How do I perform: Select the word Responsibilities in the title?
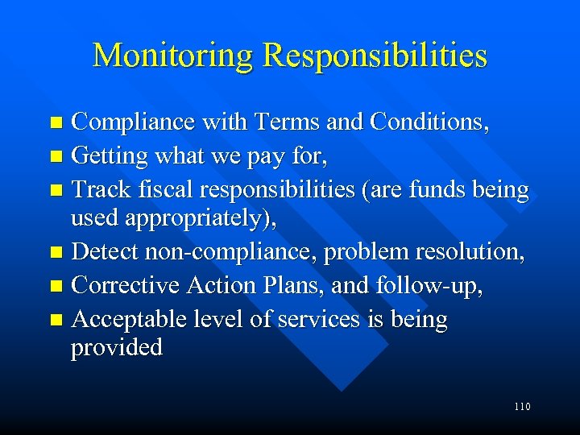click(375, 56)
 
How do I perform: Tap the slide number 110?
click(521, 407)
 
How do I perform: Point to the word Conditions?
click(428, 122)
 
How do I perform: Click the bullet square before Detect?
click(56, 253)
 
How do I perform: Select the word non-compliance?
click(232, 252)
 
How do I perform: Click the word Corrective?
click(126, 285)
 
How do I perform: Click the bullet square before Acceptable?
click(56, 320)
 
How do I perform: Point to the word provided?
click(117, 347)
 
